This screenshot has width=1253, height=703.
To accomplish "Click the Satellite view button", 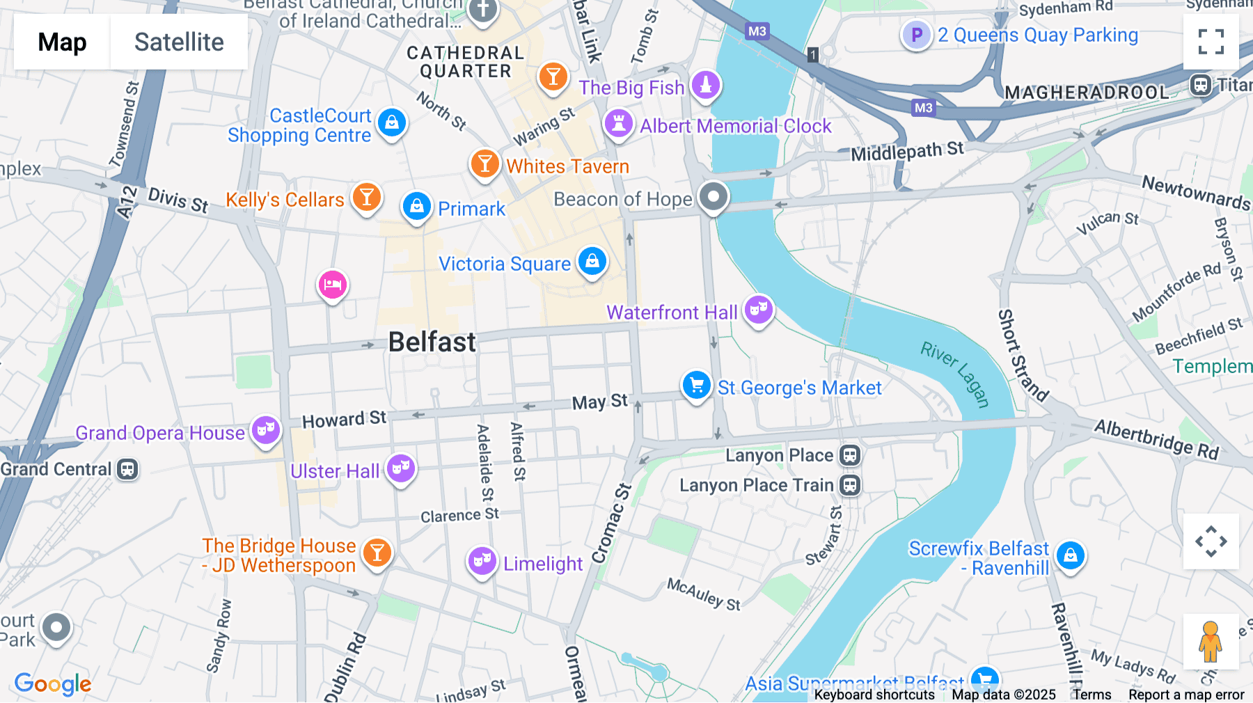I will point(179,42).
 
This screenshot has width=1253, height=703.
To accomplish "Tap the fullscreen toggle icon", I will point(1211,42).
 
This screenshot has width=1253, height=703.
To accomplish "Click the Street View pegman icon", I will point(1211,642).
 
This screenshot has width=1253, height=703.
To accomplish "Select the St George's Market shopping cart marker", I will point(696,385).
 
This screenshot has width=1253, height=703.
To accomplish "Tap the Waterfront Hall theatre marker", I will point(758,309).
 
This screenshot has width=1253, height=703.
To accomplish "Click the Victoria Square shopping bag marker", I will point(592,262).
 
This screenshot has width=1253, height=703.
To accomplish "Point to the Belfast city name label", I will point(432,342).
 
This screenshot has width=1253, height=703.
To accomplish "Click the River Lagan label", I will point(955,374).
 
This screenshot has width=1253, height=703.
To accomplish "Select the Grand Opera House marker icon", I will point(266,430).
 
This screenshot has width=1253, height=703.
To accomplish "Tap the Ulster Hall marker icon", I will point(401,468).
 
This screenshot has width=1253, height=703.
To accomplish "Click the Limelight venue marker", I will point(482,560).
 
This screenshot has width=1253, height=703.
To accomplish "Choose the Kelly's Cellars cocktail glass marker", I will point(367,198).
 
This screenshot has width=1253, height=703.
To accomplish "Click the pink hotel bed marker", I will point(333,285).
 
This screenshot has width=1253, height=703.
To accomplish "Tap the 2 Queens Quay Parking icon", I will point(917,35).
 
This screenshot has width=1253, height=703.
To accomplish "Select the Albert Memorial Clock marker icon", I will point(618,124).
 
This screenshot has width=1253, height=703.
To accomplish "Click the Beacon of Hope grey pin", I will point(714,197).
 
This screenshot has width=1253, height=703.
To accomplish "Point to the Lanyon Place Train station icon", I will point(849,485).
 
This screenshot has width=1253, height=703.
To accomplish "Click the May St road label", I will point(599,402).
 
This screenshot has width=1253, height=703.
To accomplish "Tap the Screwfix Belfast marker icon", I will point(1071,555).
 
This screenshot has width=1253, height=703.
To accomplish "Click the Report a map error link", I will point(1186,695).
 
